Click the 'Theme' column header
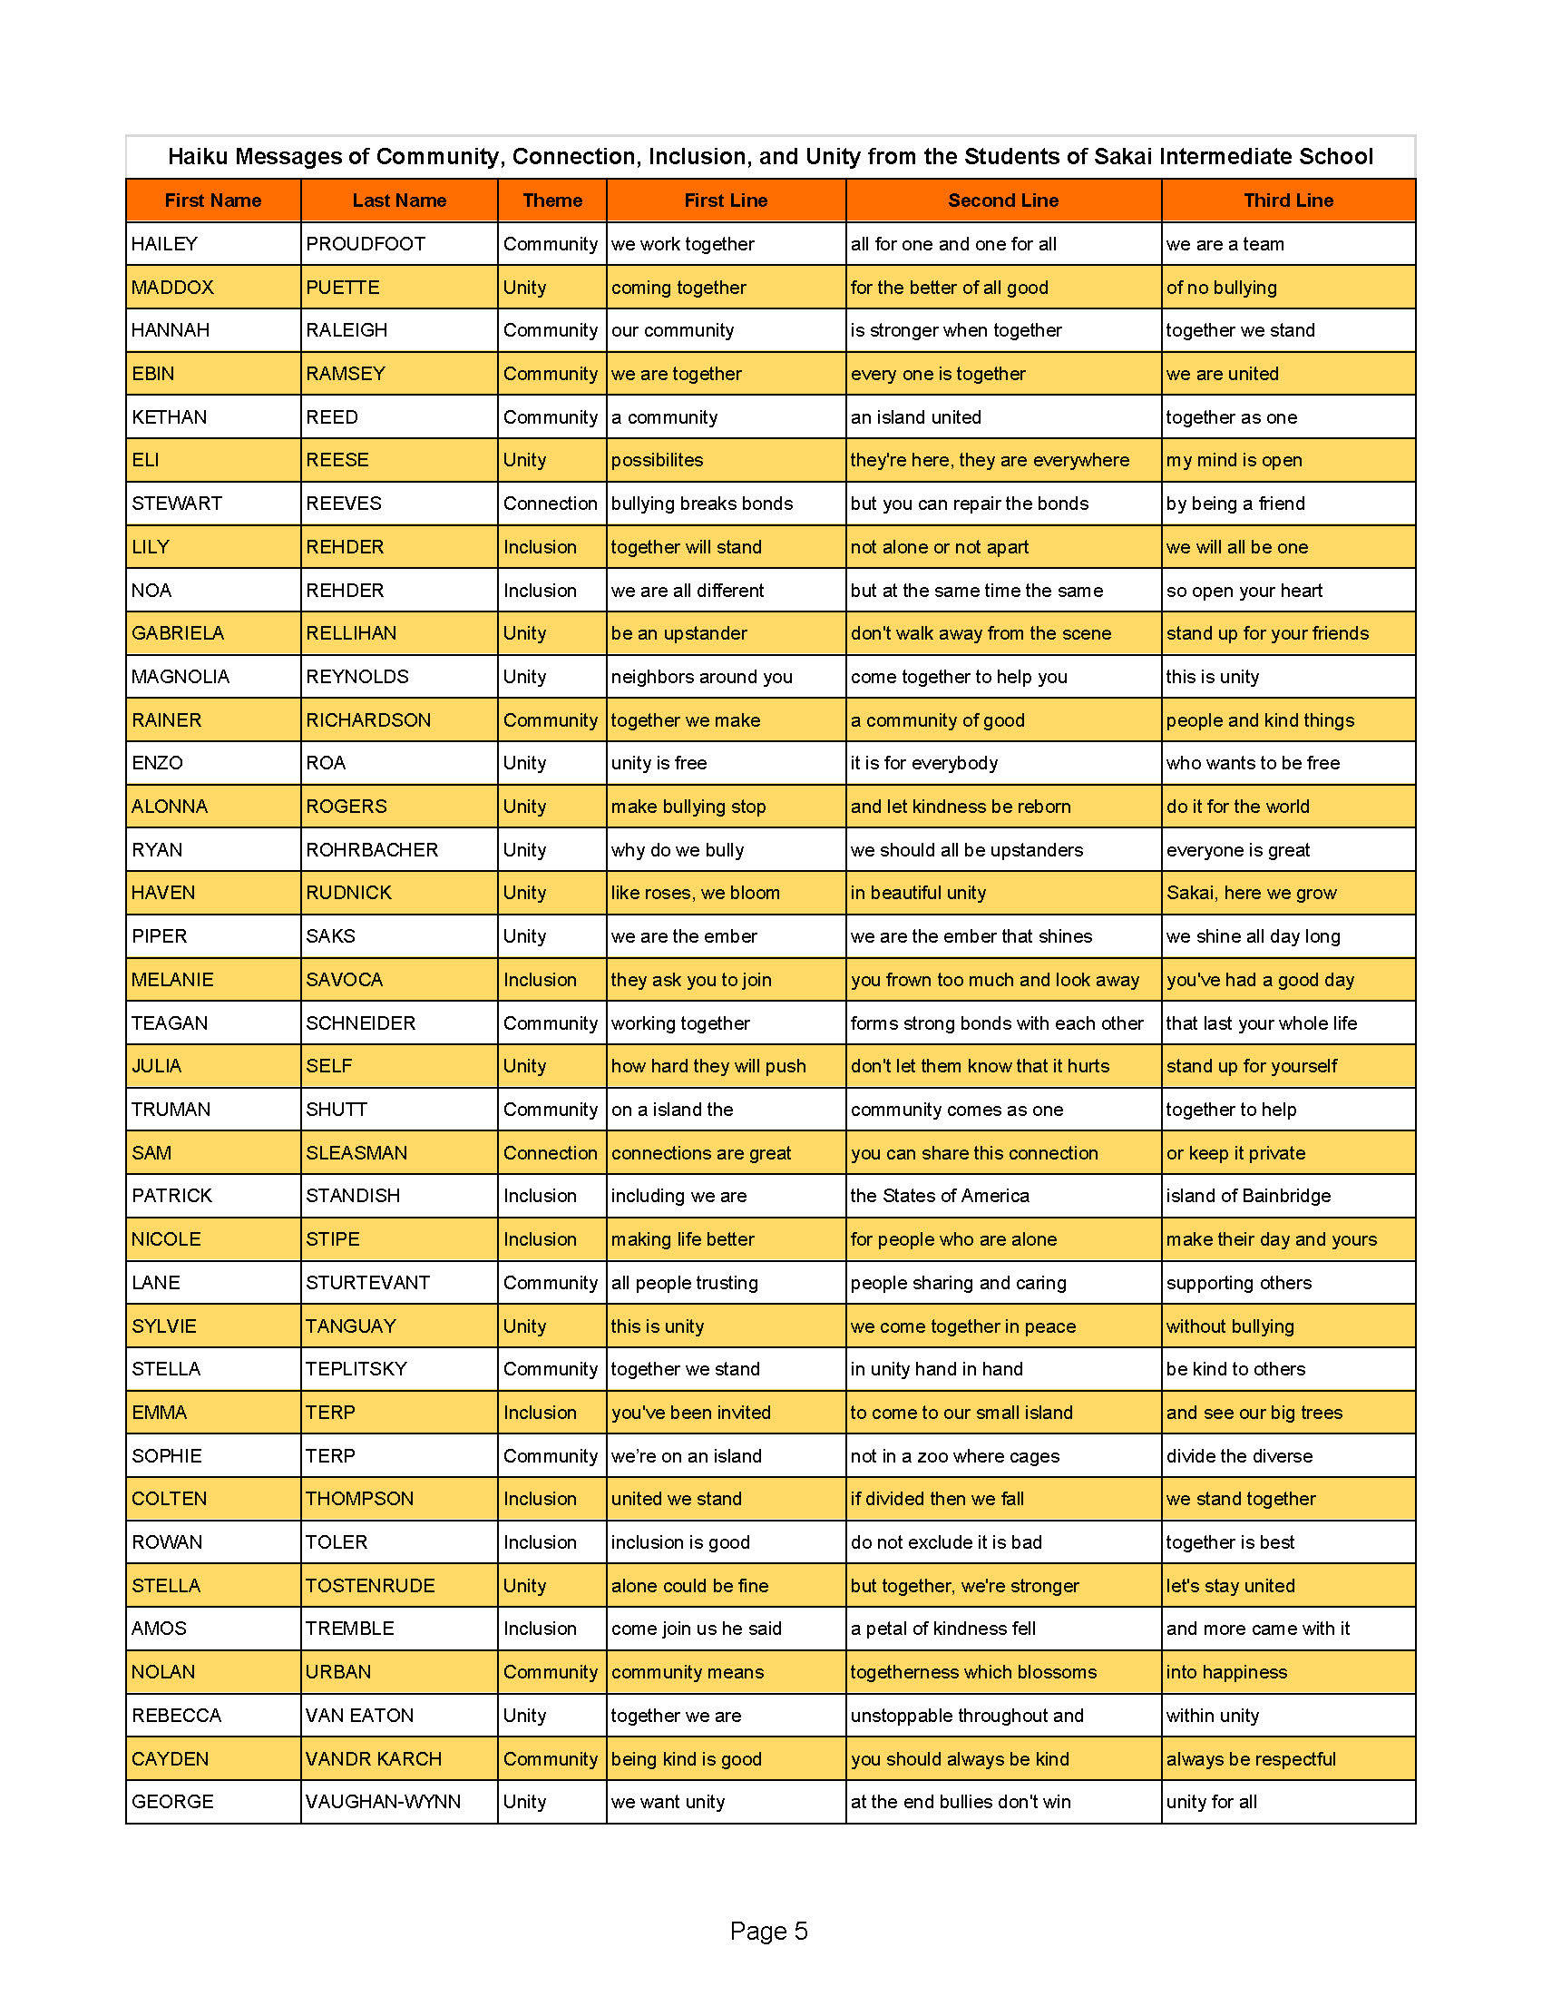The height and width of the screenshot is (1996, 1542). click(x=551, y=201)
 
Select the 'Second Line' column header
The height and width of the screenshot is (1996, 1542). click(x=1002, y=201)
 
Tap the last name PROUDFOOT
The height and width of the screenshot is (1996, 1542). click(x=366, y=244)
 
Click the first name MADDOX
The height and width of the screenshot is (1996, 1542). click(x=172, y=287)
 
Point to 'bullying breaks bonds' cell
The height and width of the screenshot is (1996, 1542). click(x=701, y=504)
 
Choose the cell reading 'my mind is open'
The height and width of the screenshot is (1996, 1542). click(x=1234, y=460)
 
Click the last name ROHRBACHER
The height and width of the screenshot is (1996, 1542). click(x=372, y=850)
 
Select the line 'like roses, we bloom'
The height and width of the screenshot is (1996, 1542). click(x=695, y=893)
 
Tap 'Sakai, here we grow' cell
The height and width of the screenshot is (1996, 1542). click(x=1251, y=893)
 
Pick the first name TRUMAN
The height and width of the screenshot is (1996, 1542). click(x=171, y=1110)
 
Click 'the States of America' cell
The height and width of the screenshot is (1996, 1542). click(x=939, y=1196)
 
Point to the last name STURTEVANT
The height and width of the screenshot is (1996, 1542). click(x=367, y=1282)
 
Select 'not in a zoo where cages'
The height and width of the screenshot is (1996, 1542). click(x=954, y=1456)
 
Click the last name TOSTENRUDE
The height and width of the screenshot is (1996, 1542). click(x=370, y=1586)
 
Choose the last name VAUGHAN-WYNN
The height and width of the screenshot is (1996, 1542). click(x=383, y=1801)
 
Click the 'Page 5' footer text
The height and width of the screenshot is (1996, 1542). click(x=768, y=1931)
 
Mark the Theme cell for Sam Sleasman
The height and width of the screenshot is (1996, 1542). click(x=550, y=1153)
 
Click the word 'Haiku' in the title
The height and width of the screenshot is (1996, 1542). click(x=199, y=157)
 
